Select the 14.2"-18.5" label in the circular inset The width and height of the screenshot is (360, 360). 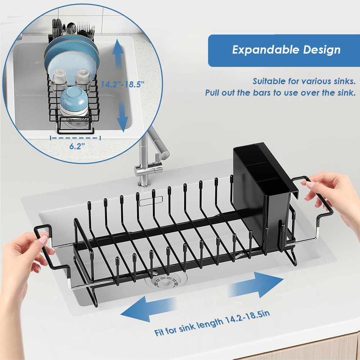(122, 85)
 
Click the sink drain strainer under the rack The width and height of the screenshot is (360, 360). (163, 281)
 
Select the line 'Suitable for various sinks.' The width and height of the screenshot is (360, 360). (304, 81)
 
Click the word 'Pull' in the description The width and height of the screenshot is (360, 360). (213, 93)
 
